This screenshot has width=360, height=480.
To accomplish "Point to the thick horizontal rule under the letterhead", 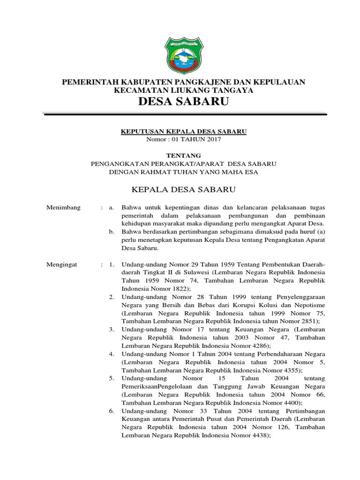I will click(x=184, y=113).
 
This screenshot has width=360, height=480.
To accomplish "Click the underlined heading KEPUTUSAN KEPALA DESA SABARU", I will click(x=184, y=132).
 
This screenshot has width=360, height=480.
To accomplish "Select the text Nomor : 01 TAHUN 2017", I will click(x=184, y=139).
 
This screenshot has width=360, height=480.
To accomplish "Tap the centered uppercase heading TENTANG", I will click(x=184, y=155).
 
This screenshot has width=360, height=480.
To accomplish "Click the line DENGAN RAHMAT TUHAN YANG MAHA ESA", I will click(x=184, y=172).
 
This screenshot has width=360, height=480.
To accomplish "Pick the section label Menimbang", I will click(x=63, y=207).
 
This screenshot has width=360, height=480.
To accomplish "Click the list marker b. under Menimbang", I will click(x=111, y=231).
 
